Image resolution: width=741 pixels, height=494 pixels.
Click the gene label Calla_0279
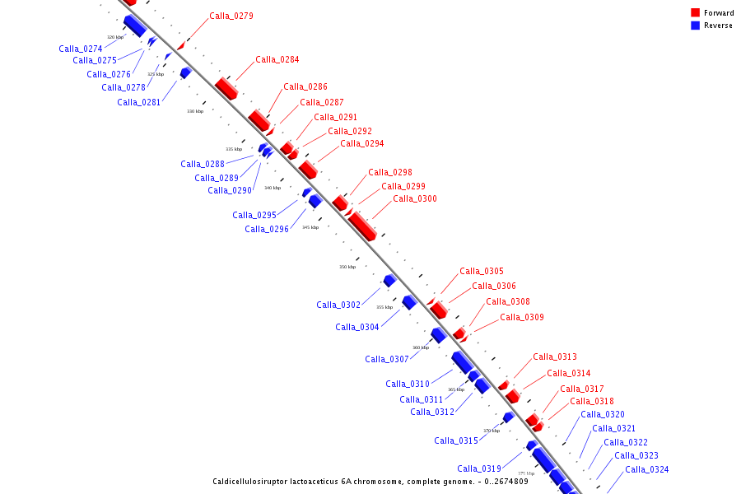[231, 16]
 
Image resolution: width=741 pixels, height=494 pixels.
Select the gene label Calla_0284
[277, 59]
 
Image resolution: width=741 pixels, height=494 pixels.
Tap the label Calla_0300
[415, 198]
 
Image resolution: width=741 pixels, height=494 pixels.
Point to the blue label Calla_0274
[81, 49]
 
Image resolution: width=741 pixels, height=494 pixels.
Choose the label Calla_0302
[338, 305]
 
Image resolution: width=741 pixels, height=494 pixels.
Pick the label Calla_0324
[647, 469]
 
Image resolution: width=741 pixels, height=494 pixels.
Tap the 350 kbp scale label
[347, 267]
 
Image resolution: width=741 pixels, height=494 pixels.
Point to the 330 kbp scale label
[194, 111]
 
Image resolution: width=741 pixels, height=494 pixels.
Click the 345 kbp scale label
[310, 227]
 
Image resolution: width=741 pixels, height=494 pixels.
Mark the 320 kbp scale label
[115, 37]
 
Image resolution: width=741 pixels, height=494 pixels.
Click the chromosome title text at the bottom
[370, 482]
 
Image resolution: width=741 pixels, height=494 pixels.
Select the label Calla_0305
[482, 271]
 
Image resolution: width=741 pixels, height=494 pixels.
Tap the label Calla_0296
[267, 229]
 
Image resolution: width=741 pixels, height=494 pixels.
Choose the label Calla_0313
[555, 357]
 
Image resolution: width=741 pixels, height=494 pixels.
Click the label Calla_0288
[203, 164]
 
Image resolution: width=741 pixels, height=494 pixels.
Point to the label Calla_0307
[387, 359]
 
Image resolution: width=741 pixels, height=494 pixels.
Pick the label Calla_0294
[362, 143]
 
